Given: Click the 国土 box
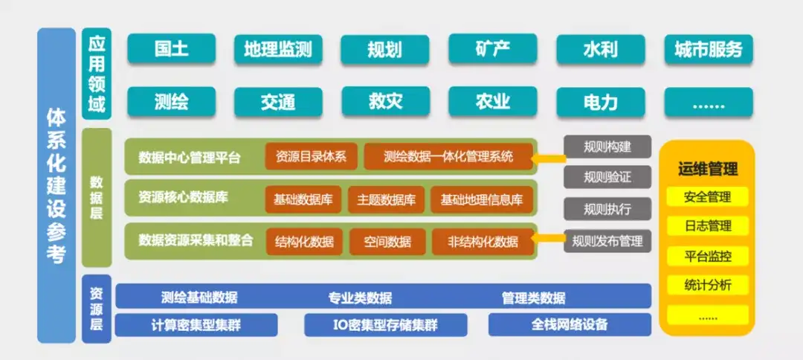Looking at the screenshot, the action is (x=171, y=48).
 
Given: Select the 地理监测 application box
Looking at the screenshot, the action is (x=278, y=49).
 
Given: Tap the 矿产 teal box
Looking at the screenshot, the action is (x=493, y=48).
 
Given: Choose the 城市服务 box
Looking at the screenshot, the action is (x=709, y=49).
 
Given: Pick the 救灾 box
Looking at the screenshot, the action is (x=385, y=101).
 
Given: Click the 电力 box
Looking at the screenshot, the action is (x=600, y=102).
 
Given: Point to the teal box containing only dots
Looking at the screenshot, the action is (x=709, y=103).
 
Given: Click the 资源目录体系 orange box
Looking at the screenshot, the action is (x=311, y=156).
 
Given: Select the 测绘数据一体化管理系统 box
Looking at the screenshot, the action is (x=448, y=156).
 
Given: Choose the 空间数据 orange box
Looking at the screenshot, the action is (x=387, y=241).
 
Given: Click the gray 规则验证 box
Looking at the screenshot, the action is (x=607, y=177).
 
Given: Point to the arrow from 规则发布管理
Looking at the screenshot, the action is (x=548, y=237).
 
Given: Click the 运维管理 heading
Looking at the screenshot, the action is (x=708, y=169).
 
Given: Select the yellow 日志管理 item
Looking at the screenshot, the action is (x=708, y=226).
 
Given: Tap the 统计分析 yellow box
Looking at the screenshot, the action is (x=708, y=285).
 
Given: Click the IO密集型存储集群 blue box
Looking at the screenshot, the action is (x=386, y=324).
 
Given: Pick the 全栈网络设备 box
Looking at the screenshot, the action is (x=570, y=324).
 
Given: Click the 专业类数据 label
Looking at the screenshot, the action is (x=360, y=298).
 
